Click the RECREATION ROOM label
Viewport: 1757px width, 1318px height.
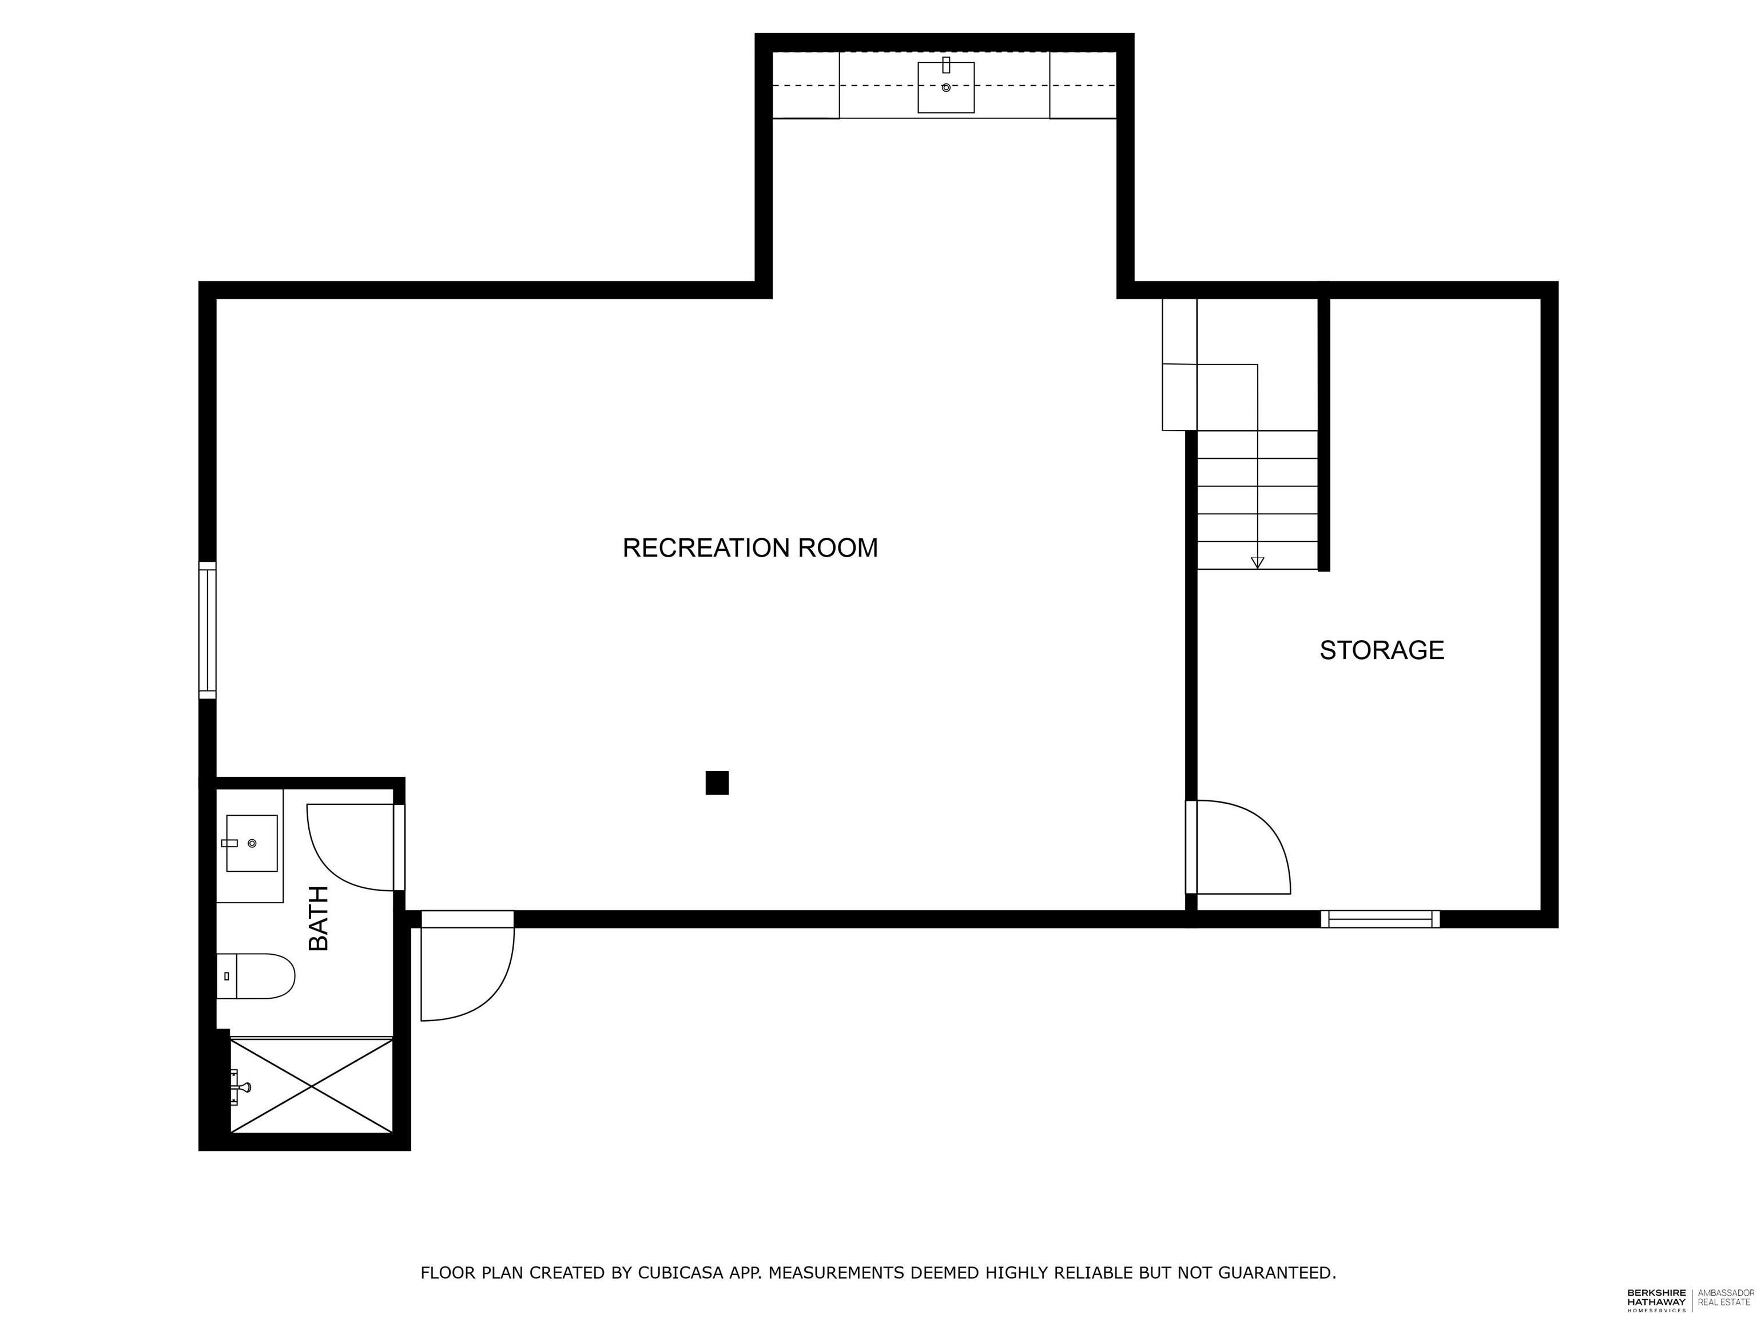(750, 548)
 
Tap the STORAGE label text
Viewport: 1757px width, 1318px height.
(1381, 650)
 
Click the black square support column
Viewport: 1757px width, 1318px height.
(717, 783)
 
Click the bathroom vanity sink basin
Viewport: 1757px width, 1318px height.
(252, 843)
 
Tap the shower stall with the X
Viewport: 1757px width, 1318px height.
(311, 1085)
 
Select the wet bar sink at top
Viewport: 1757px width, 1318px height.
(945, 88)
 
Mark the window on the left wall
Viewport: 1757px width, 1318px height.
(207, 630)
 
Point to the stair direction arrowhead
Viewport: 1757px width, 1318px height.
(1257, 562)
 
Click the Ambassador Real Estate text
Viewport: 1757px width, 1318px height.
(1725, 1298)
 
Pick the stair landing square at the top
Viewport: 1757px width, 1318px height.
(1226, 397)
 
